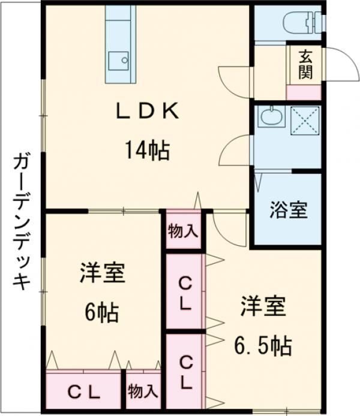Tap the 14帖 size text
pos(147,150)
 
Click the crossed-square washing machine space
pos(305,122)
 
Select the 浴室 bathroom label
pos(288,210)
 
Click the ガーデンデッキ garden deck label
pos(22,222)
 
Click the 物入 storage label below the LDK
pos(183,231)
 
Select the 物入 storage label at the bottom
pos(143,392)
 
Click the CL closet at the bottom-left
pos(84,393)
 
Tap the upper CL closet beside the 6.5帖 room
pos(185,292)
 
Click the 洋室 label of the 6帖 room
pos(102,274)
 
